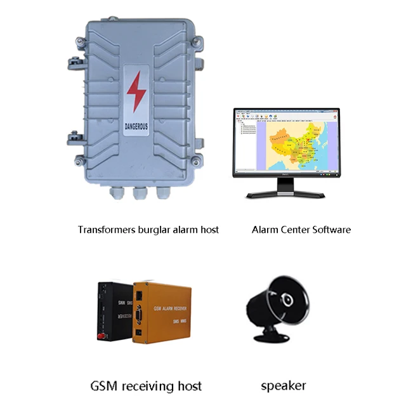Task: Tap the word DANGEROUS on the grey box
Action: (136, 126)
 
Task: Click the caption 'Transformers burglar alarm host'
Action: (148, 230)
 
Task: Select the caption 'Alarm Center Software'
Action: (301, 230)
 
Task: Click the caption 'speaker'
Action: (284, 385)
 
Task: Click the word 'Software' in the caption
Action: (330, 230)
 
